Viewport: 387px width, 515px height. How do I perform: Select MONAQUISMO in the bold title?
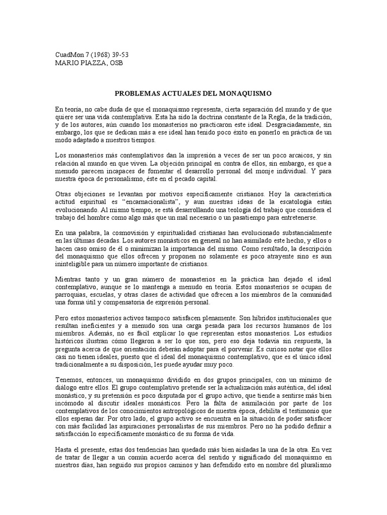[244, 93]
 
